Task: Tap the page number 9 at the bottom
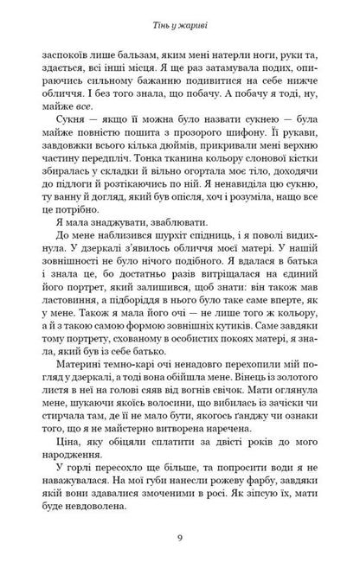click(x=179, y=538)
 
